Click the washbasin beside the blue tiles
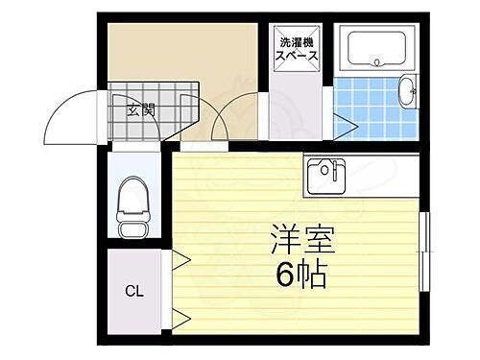click(x=408, y=93)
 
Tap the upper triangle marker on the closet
click(x=180, y=257)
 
